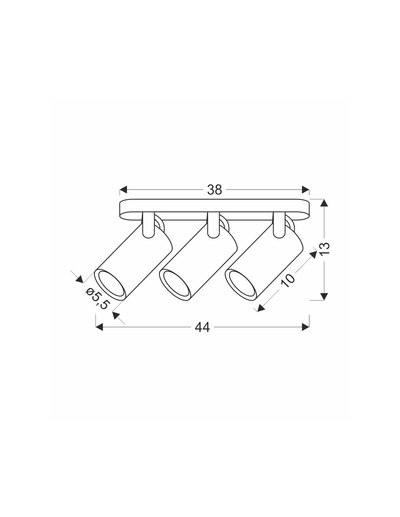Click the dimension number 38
(x=215, y=190)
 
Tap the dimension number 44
(x=202, y=327)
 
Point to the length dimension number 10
(x=288, y=280)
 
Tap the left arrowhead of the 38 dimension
(x=123, y=190)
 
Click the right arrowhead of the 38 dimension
(x=305, y=190)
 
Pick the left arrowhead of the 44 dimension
(x=99, y=327)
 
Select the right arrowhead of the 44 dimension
(x=305, y=327)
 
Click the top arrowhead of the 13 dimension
(x=324, y=203)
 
